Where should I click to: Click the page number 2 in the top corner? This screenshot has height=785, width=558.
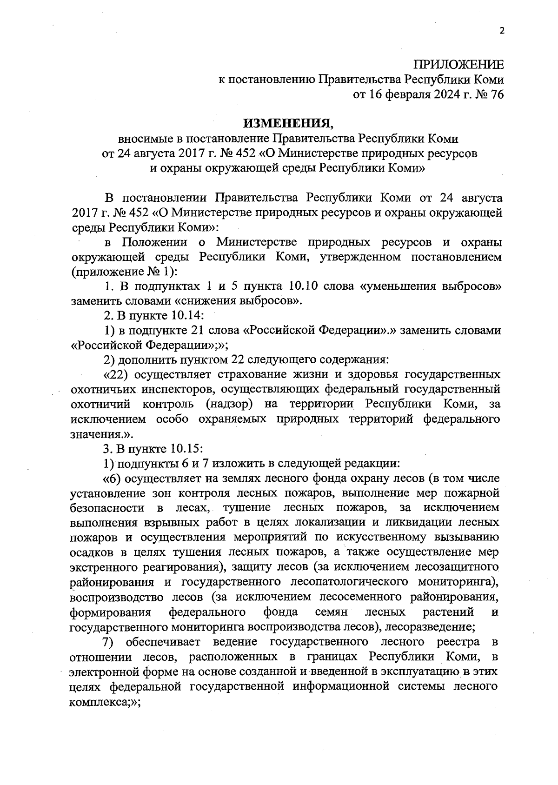click(x=501, y=31)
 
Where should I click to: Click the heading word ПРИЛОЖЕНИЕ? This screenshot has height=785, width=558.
click(x=458, y=64)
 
